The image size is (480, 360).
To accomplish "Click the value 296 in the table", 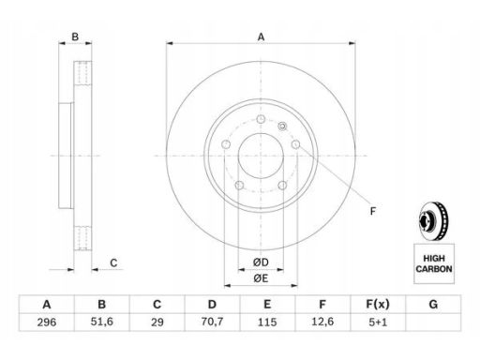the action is coord(47,322).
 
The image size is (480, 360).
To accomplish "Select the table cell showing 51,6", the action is coord(102,322).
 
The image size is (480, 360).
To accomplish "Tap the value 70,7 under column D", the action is coord(212,322).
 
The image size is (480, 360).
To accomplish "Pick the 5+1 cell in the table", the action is coord(378,322).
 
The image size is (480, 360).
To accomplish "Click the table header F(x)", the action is coord(378,304).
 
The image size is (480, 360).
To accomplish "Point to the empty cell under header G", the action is coord(433,322).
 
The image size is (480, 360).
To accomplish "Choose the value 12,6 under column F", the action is coord(322,322).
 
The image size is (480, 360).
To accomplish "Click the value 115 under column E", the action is coord(267,322).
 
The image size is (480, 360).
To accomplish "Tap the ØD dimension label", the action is coord(261,262).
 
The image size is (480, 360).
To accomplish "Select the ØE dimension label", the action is coord(261,278).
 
